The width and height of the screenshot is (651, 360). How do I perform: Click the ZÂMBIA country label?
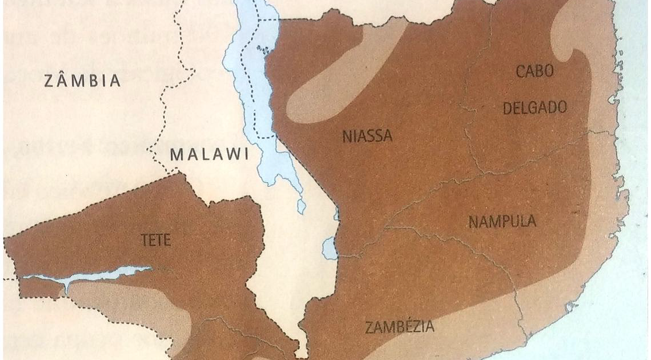point(83,81)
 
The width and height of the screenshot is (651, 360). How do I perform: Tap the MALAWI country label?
point(210,155)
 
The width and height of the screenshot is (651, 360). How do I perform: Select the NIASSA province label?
point(368,137)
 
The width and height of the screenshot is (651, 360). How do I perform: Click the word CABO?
point(535,72)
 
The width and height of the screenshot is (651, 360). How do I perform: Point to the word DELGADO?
point(535,107)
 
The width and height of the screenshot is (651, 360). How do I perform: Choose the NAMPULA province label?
point(503,222)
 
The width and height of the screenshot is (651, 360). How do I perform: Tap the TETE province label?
point(155,241)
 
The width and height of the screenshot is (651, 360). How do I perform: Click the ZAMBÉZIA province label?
point(399,327)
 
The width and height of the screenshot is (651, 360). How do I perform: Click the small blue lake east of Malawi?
point(329,249)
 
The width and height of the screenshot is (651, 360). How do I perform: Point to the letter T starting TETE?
point(144,241)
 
